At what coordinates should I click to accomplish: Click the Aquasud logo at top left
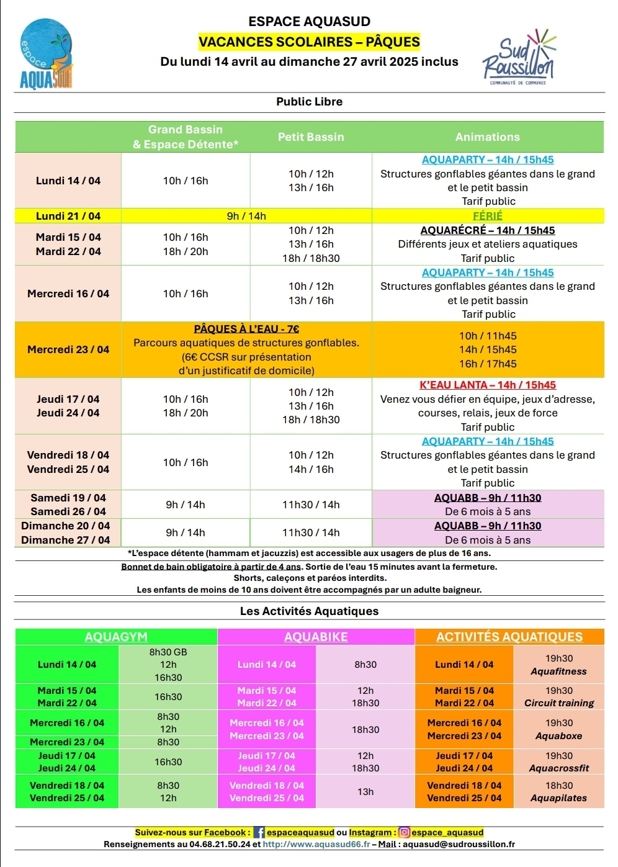pyautogui.click(x=47, y=54)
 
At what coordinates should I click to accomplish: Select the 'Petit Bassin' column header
pyautogui.click(x=311, y=137)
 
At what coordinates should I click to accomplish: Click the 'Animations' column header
pyautogui.click(x=488, y=137)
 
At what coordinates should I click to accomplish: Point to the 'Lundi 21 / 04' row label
pyautogui.click(x=68, y=216)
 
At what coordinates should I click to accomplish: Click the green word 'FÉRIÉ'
pyautogui.click(x=488, y=216)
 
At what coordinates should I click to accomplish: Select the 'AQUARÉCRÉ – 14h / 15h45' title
pyautogui.click(x=488, y=230)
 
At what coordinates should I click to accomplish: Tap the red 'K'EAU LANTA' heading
pyautogui.click(x=488, y=385)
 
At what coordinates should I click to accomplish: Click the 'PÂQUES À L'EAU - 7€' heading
pyautogui.click(x=246, y=329)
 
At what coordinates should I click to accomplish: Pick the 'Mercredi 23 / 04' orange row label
pyautogui.click(x=68, y=349)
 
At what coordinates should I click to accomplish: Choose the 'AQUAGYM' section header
pyautogui.click(x=116, y=637)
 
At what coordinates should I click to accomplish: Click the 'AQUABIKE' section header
pyautogui.click(x=316, y=637)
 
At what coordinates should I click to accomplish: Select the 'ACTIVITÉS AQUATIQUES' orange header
pyautogui.click(x=509, y=637)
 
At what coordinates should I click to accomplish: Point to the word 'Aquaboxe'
pyautogui.click(x=559, y=736)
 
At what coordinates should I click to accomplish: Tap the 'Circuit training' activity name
pyautogui.click(x=559, y=703)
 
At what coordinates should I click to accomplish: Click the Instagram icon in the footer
pyautogui.click(x=405, y=833)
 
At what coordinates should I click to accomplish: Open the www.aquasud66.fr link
pyautogui.click(x=316, y=844)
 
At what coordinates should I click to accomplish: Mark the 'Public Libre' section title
pyautogui.click(x=309, y=102)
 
